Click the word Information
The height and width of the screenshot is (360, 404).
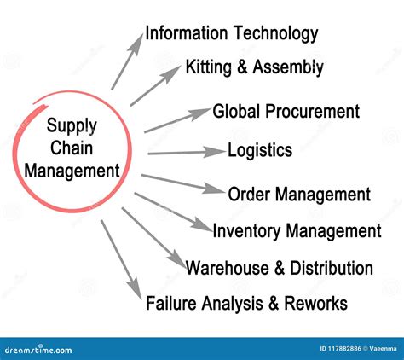coord(187,32)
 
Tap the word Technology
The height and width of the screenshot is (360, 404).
coord(276,34)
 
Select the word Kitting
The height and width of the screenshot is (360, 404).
coord(209,67)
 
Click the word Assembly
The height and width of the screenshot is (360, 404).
coord(288,67)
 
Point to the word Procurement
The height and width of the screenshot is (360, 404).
coord(313,111)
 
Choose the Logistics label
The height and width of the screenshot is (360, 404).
coord(260,150)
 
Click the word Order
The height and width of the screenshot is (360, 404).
coord(249,195)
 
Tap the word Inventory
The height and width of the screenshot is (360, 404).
coord(246,231)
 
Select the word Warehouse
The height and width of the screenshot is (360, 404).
coord(227,268)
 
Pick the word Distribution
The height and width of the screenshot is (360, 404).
coord(332,268)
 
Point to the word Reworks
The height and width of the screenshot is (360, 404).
coord(315,303)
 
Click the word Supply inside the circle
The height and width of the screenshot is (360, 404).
coord(72,126)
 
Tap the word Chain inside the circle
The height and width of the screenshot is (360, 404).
coord(72,148)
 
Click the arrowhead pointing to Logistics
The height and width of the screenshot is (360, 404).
coord(216,152)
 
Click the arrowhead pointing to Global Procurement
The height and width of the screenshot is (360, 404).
coord(200,113)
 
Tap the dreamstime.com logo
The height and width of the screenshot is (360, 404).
coord(38,349)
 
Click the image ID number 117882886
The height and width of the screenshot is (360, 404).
coord(345,349)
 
